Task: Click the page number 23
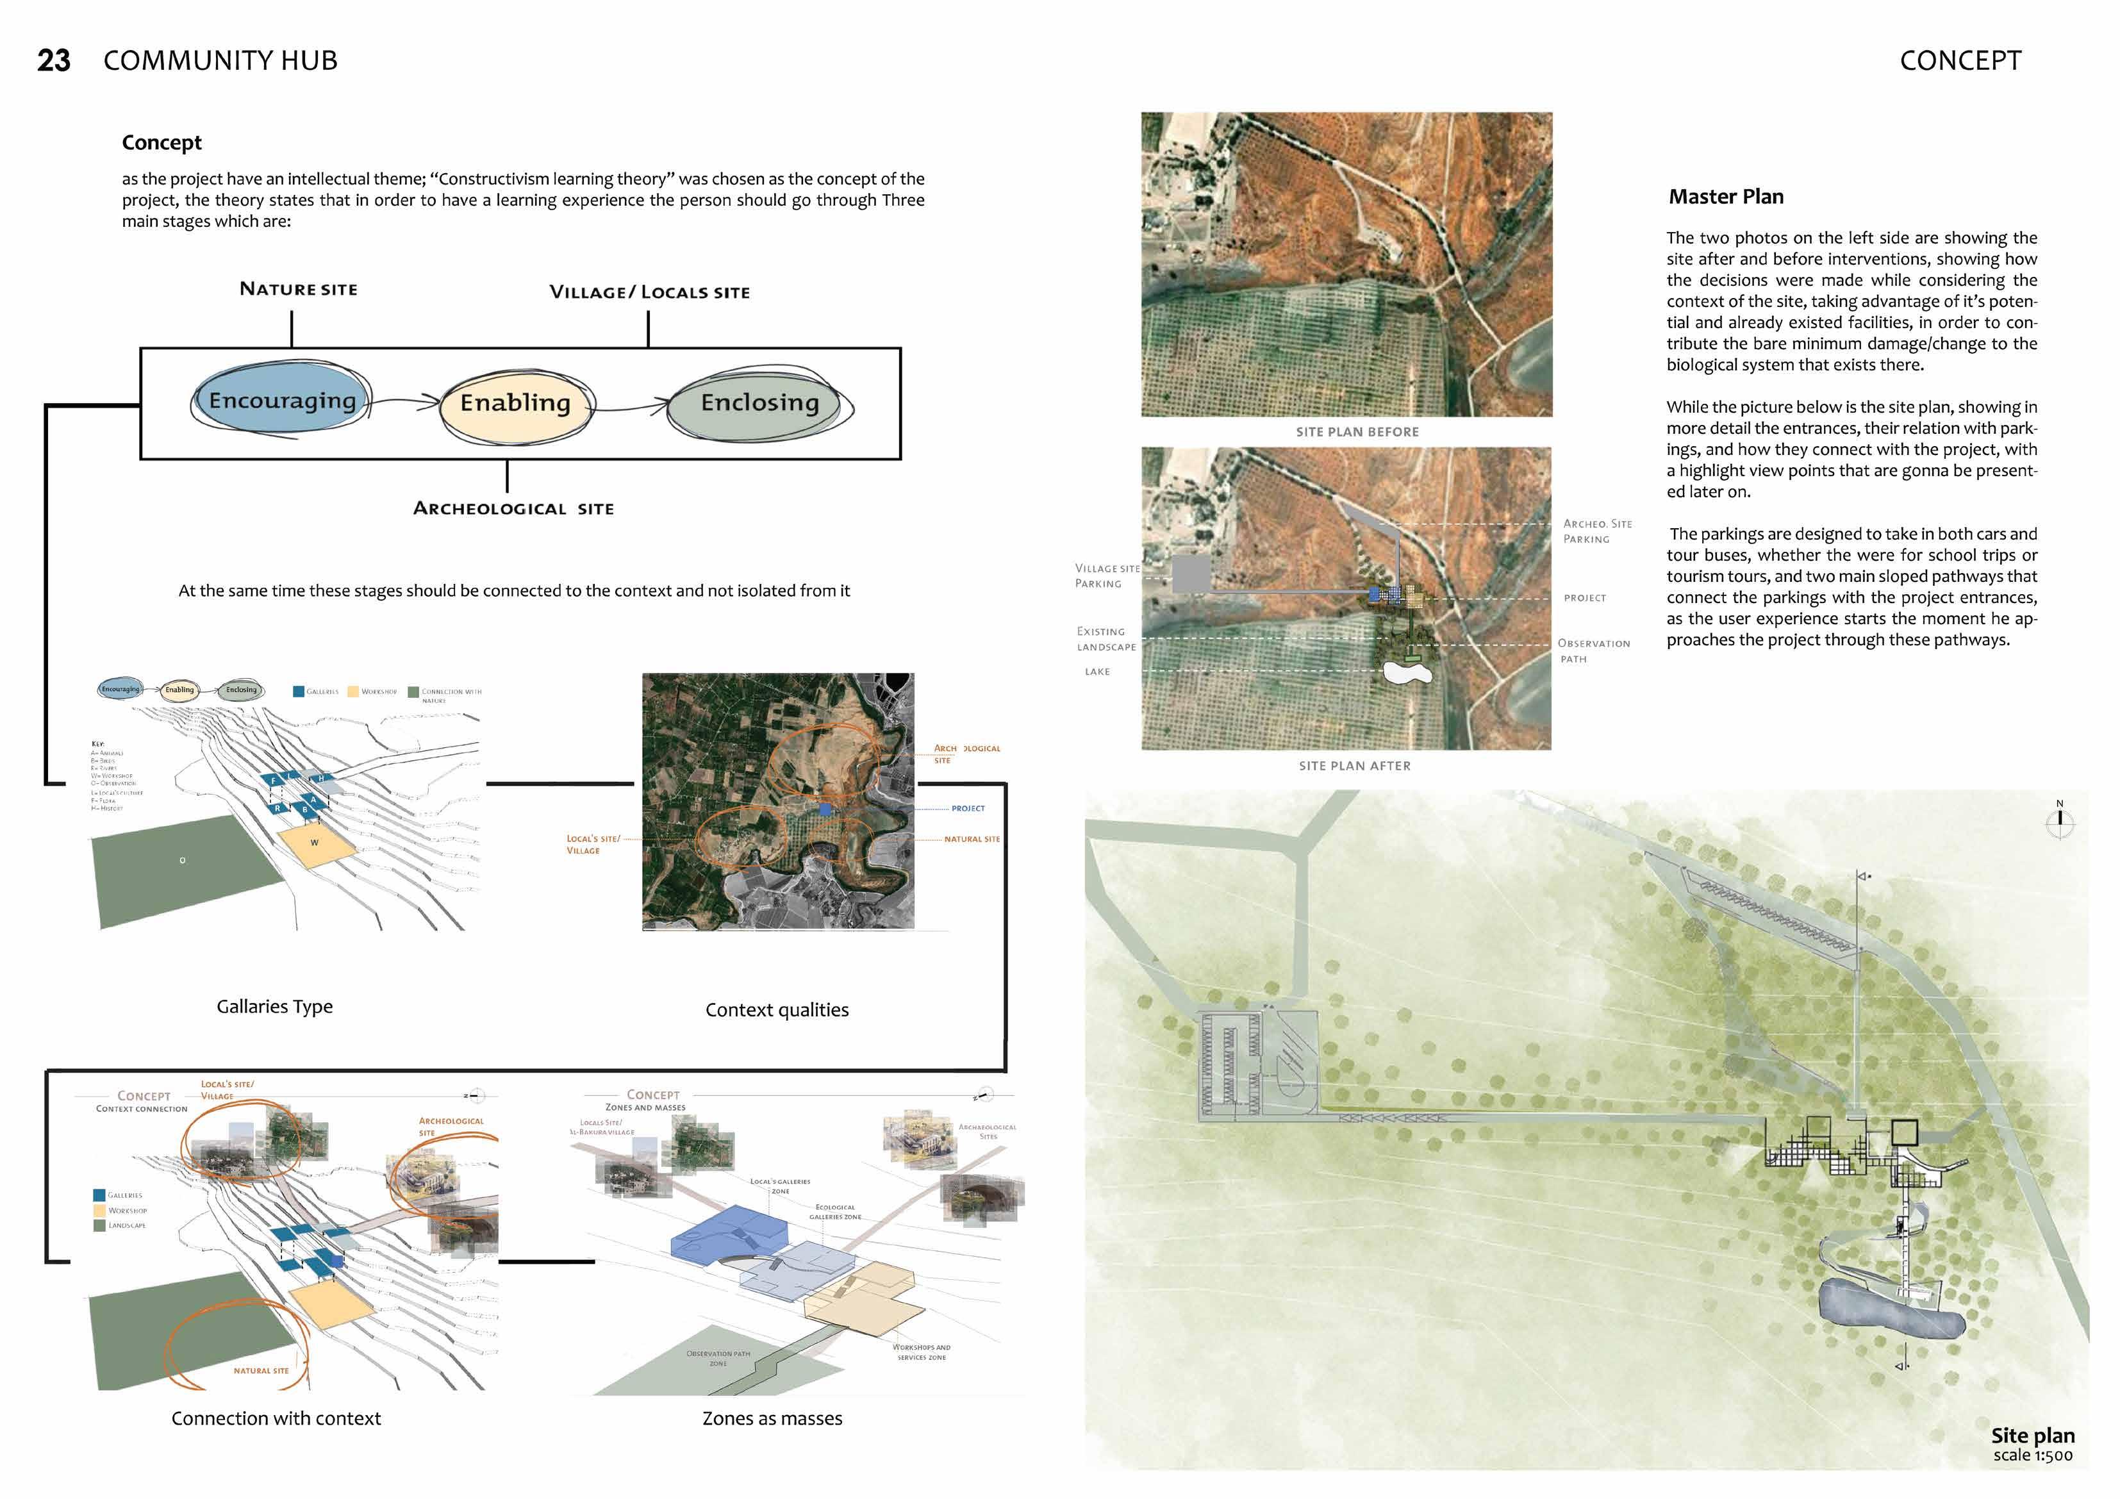[x=54, y=61]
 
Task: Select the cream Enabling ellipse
[x=515, y=404]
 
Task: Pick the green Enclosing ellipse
[x=759, y=404]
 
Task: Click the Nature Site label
[x=298, y=289]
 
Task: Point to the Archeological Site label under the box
[x=513, y=509]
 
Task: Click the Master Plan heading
[x=1726, y=197]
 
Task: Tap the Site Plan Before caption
[x=1356, y=432]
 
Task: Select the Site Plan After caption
[x=1355, y=766]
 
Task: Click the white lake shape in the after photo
[x=1407, y=672]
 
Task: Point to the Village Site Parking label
[x=1106, y=576]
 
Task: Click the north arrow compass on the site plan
[x=2059, y=820]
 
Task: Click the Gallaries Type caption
[x=274, y=1007]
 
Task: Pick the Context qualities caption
[x=777, y=1011]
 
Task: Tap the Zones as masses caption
[x=772, y=1419]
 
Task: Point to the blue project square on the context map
[x=825, y=809]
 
